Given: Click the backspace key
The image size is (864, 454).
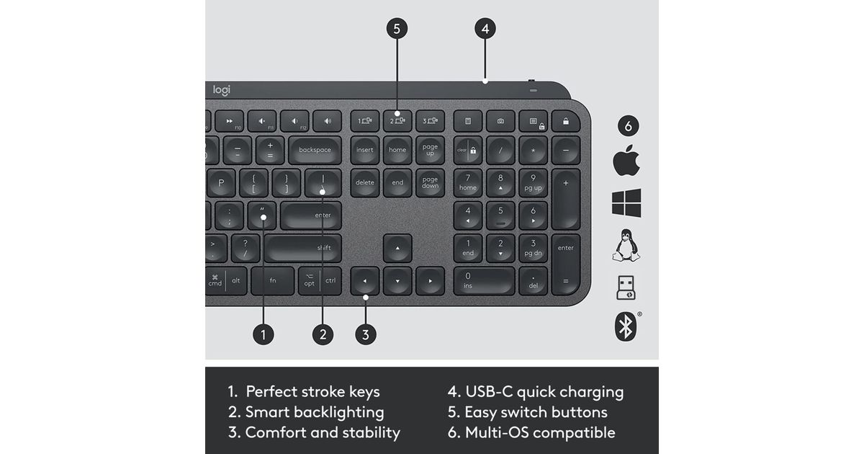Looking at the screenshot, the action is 315,150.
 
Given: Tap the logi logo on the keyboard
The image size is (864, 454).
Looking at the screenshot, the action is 222,90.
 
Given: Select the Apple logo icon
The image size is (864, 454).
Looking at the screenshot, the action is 626,161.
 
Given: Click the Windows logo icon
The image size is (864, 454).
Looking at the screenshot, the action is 626,202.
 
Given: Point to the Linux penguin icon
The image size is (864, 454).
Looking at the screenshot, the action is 626,246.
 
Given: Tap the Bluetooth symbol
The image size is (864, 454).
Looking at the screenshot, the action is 626,326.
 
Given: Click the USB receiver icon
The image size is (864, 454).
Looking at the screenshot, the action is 626,288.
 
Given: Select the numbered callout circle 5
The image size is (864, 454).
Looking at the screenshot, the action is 397,29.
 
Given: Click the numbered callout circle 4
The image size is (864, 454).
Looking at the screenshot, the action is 485,29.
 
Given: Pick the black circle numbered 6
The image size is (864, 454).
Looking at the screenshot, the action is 629,126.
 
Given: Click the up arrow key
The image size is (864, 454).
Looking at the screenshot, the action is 397,248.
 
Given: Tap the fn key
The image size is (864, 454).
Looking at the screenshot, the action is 273,280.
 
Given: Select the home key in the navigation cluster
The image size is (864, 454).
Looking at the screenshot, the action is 397,150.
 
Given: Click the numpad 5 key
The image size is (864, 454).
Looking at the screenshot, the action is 500,215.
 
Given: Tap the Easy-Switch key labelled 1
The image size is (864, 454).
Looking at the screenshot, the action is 365,121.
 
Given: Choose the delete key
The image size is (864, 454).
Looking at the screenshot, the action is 365,182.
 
